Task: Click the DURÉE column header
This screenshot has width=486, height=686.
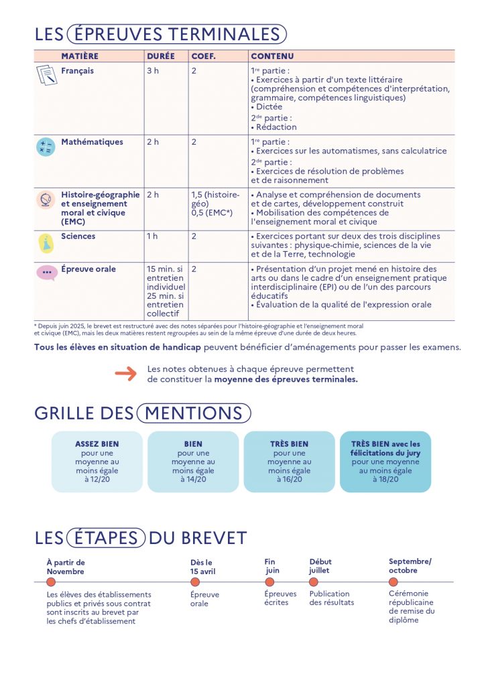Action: click(160, 56)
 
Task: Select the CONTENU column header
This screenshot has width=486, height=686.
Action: click(271, 56)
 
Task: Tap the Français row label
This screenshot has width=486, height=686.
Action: click(78, 71)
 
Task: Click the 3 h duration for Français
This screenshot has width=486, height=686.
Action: click(153, 71)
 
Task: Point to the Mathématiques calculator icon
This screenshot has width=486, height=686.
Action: click(46, 147)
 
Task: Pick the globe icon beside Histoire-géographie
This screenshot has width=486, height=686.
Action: click(46, 200)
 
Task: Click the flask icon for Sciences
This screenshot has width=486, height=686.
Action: click(46, 243)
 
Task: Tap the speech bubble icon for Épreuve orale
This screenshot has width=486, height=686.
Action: click(46, 273)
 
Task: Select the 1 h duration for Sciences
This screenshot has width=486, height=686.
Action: click(153, 236)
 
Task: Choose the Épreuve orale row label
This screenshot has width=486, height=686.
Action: click(88, 269)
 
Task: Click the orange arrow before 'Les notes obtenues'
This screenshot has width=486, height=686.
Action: click(125, 374)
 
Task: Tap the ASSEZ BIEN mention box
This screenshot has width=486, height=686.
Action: click(97, 462)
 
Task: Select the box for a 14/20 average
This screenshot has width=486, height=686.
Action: click(193, 462)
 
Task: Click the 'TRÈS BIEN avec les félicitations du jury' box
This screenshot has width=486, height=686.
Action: click(385, 462)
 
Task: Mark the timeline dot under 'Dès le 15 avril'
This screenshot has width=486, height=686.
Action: click(195, 582)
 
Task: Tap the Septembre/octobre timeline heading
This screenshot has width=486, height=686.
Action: click(410, 566)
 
